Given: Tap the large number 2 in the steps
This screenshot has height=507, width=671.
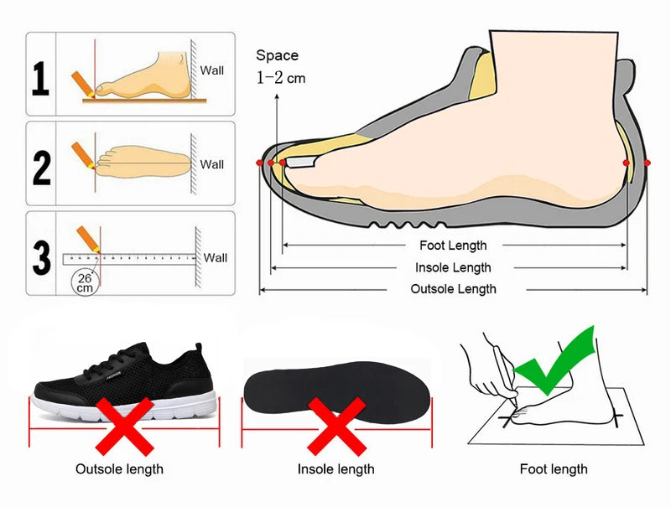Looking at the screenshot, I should [x=41, y=165].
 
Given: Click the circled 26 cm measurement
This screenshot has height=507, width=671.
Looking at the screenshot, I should [x=84, y=282].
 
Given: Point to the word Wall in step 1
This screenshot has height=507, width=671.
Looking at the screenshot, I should [x=212, y=70].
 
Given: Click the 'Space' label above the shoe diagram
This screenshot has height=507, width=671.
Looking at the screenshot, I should [x=277, y=55].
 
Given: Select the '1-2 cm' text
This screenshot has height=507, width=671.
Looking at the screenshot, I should [x=281, y=78].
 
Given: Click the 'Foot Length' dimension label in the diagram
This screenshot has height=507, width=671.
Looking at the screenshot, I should [x=453, y=246].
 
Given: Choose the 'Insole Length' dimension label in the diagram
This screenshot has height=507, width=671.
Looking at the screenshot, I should [x=453, y=267].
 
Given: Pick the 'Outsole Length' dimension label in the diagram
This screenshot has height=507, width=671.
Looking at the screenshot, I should [x=453, y=289].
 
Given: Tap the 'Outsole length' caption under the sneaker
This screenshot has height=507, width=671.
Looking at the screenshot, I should [x=119, y=468].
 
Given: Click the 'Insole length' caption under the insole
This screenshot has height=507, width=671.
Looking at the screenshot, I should [x=335, y=468].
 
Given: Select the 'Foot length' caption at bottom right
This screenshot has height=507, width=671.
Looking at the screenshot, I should [x=554, y=468].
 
